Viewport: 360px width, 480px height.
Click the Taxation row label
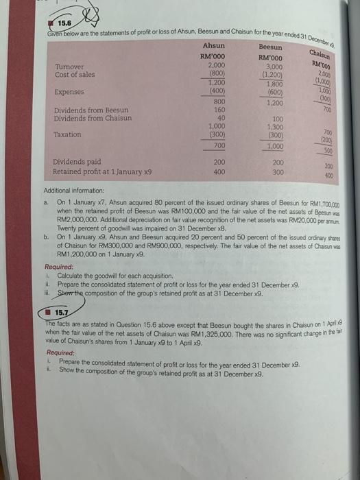pos(68,134)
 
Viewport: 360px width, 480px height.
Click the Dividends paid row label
pos(78,162)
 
